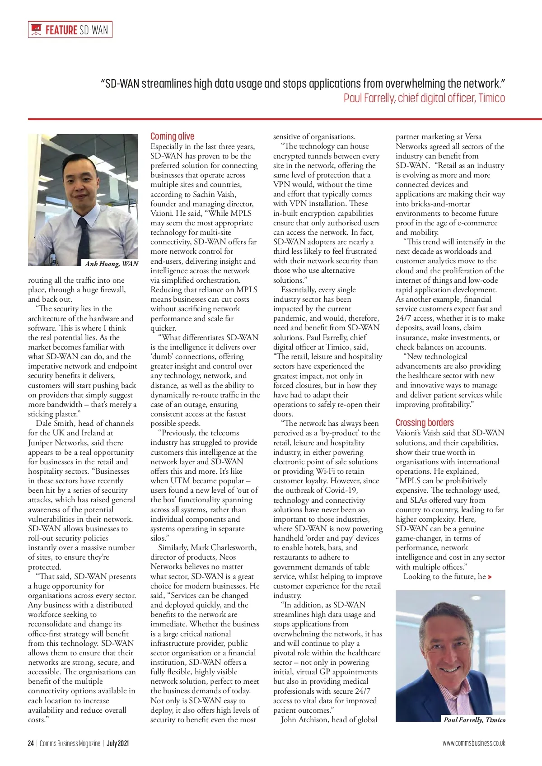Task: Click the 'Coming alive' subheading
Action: [172, 136]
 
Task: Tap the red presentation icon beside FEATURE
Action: [36, 30]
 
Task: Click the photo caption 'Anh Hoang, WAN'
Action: [112, 264]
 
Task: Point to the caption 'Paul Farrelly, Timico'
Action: [474, 720]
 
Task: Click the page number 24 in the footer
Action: [31, 743]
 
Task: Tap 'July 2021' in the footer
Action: [118, 743]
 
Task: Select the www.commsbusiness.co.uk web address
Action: [473, 743]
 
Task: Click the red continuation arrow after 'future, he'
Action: [490, 577]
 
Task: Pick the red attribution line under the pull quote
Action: [424, 98]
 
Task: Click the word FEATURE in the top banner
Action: [61, 30]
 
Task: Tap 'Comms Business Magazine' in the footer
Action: [70, 743]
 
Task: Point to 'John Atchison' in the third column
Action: [304, 719]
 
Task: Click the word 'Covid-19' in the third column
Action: [342, 490]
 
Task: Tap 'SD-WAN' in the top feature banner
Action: [93, 30]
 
